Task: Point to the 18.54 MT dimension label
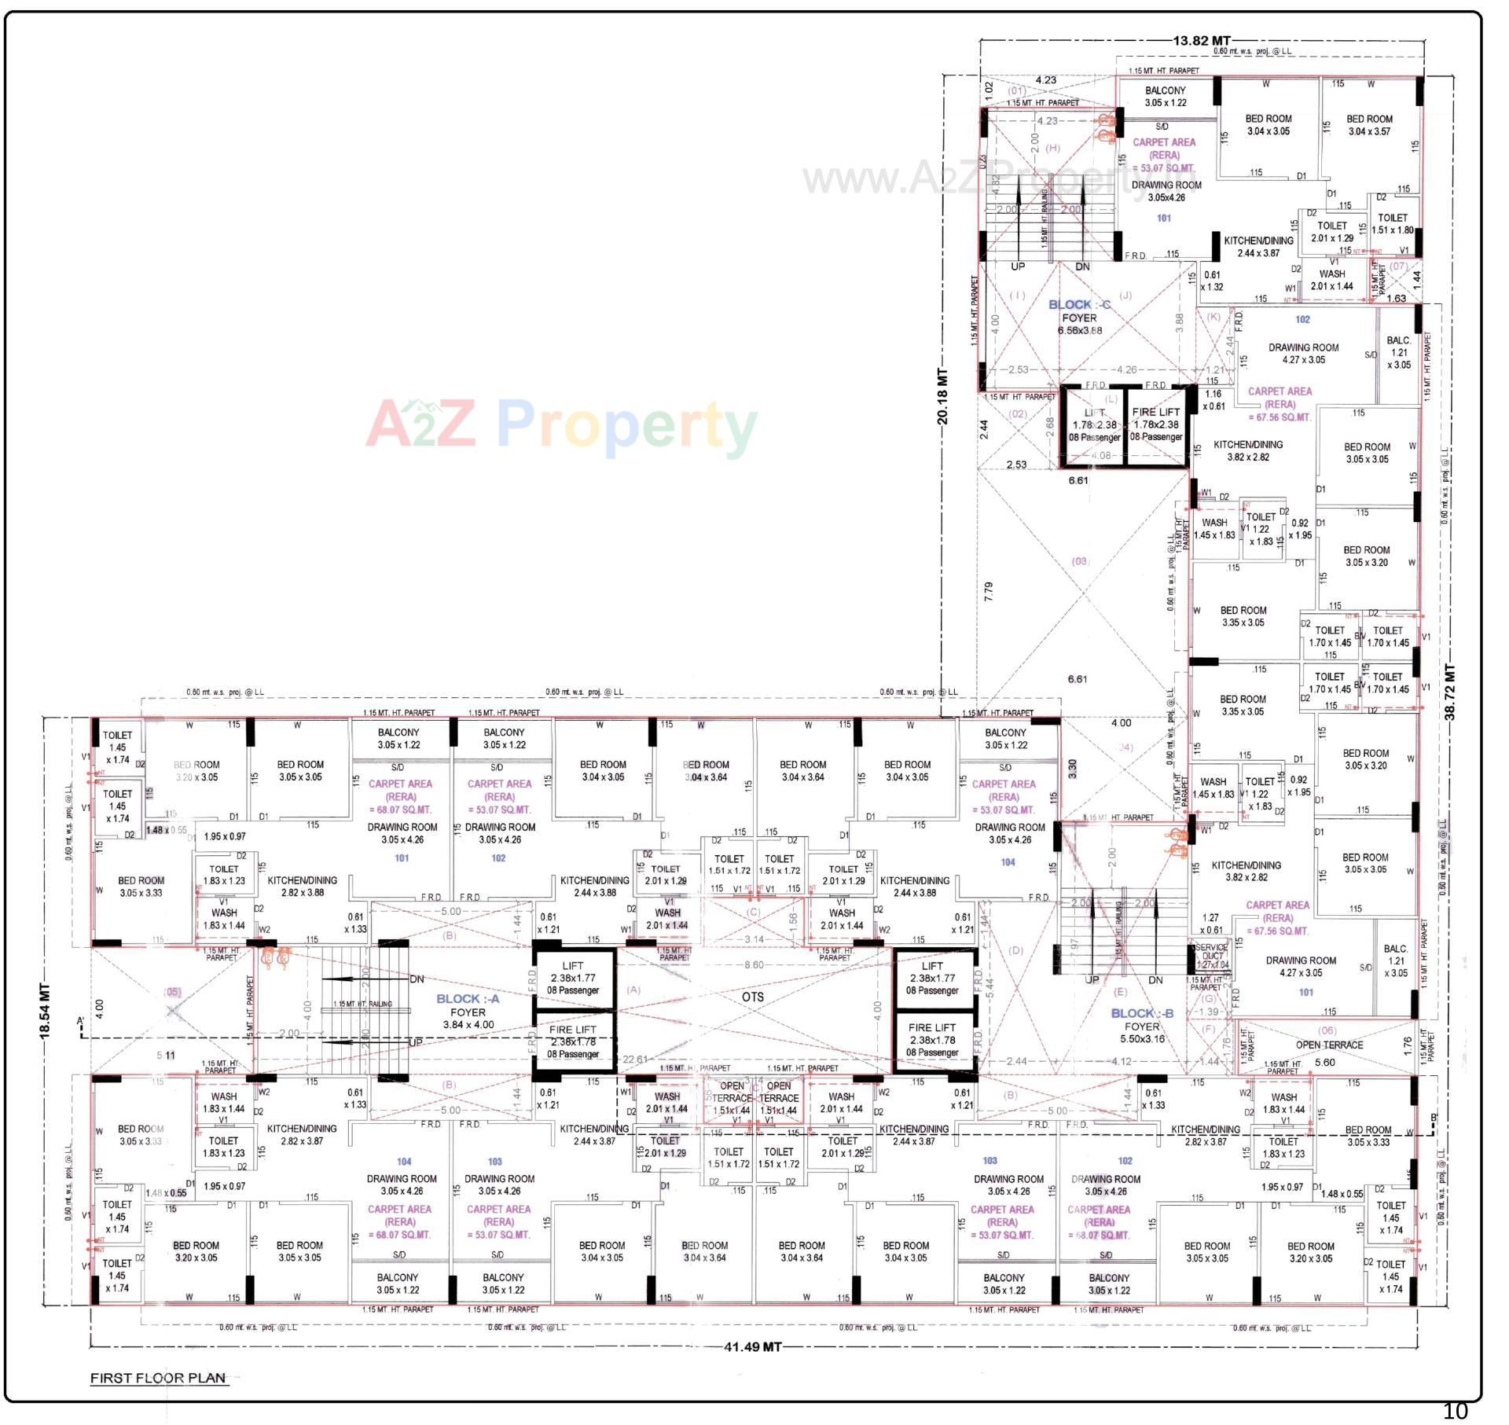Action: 45,1012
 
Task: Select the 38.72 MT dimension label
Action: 1450,692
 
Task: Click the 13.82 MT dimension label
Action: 1202,41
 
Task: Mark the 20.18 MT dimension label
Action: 942,397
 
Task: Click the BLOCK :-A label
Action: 468,999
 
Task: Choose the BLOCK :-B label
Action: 1142,1014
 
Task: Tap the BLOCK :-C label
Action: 1079,305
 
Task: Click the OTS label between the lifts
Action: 752,997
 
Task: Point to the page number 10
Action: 1455,1412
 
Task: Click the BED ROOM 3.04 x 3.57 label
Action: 1369,125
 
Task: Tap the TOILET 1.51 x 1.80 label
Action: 1392,224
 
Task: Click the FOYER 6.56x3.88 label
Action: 1079,324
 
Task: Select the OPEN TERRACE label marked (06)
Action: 1329,1045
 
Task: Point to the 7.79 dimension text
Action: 989,592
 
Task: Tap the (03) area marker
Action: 1080,561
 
